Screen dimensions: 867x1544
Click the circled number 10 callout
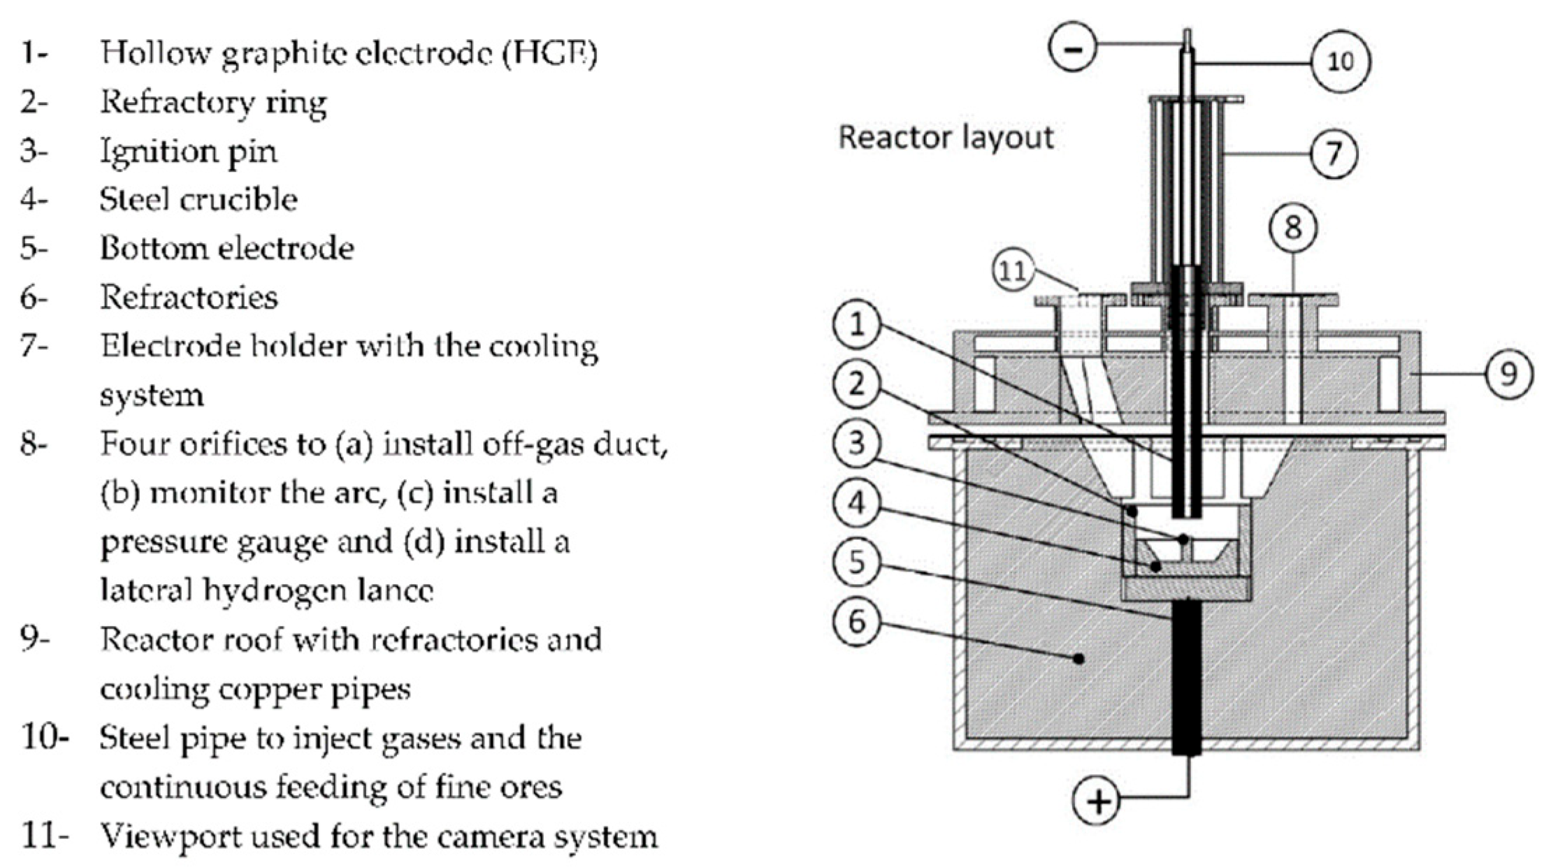click(1340, 61)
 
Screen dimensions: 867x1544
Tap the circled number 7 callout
click(1334, 153)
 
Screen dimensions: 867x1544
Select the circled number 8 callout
click(1293, 228)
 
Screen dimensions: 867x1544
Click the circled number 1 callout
click(858, 325)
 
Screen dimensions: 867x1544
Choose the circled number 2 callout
click(858, 384)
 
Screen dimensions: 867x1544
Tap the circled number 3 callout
click(858, 443)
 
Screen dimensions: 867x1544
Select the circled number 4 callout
click(858, 502)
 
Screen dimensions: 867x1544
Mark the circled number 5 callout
click(858, 562)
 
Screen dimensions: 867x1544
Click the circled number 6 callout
click(858, 621)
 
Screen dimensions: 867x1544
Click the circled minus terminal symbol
click(1074, 48)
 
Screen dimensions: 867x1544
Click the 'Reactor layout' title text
click(946, 137)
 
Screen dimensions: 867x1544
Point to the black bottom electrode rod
click(1187, 678)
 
